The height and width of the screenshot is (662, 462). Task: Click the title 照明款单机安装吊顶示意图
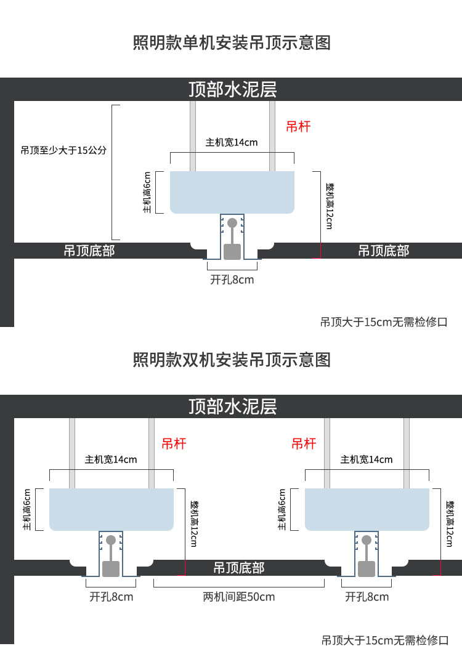point(232,43)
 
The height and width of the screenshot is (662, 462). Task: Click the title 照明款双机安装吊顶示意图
point(232,360)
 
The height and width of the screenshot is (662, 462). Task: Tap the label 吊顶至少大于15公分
point(63,150)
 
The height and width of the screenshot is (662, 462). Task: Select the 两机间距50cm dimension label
point(239,597)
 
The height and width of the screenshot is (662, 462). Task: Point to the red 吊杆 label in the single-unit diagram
point(298,127)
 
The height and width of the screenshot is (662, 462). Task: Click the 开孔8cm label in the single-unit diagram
point(232,280)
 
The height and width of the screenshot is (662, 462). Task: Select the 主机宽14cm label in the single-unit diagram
point(232,142)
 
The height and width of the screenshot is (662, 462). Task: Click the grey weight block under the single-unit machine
point(232,251)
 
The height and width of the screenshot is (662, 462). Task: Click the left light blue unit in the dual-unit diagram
point(111,509)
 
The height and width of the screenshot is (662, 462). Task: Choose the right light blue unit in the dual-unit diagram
point(367,509)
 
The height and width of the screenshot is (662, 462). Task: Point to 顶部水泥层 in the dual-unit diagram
point(233,406)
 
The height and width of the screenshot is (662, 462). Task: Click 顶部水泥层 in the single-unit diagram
point(233,89)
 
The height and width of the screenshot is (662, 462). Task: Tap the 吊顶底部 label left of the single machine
point(89,251)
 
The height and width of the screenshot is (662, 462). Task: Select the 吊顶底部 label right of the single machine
point(384,251)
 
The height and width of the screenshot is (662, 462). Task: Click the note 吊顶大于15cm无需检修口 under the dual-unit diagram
point(384,640)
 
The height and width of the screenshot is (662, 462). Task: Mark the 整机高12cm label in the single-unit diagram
point(330,206)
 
